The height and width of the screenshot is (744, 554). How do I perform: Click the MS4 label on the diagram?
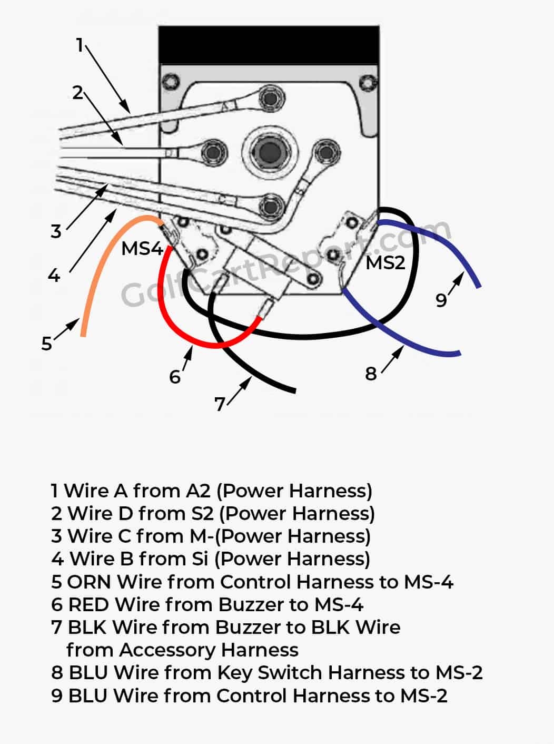click(x=142, y=248)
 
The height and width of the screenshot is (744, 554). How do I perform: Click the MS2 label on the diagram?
click(x=385, y=262)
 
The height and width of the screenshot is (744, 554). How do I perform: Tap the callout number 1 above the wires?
click(x=80, y=45)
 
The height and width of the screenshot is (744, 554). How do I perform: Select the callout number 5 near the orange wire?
click(x=47, y=344)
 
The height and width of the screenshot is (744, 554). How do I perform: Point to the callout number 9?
click(x=441, y=300)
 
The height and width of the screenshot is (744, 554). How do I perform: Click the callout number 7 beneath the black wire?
click(x=220, y=404)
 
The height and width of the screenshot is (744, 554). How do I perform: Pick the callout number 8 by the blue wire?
click(x=371, y=374)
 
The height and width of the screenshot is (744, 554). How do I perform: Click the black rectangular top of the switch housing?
click(x=269, y=44)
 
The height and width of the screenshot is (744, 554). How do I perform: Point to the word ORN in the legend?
click(x=89, y=582)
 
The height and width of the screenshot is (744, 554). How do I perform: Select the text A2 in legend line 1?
click(x=199, y=491)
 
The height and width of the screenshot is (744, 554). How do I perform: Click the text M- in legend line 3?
click(x=203, y=536)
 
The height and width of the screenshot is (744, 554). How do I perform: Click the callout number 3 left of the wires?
click(x=56, y=231)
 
